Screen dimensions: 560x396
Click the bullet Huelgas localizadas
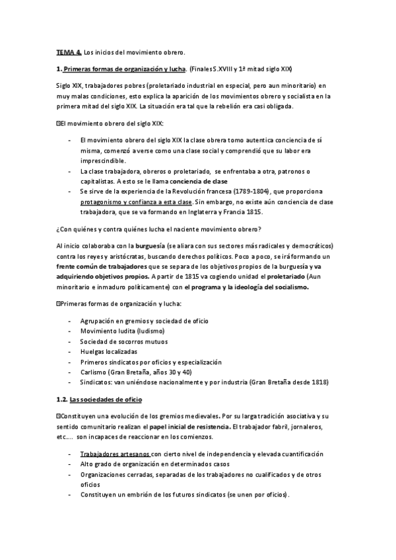[x=107, y=352]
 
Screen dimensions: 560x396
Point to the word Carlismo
[x=94, y=372]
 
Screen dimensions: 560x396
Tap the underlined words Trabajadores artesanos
[x=115, y=454]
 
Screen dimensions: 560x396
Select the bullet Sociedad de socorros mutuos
[x=124, y=341]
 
